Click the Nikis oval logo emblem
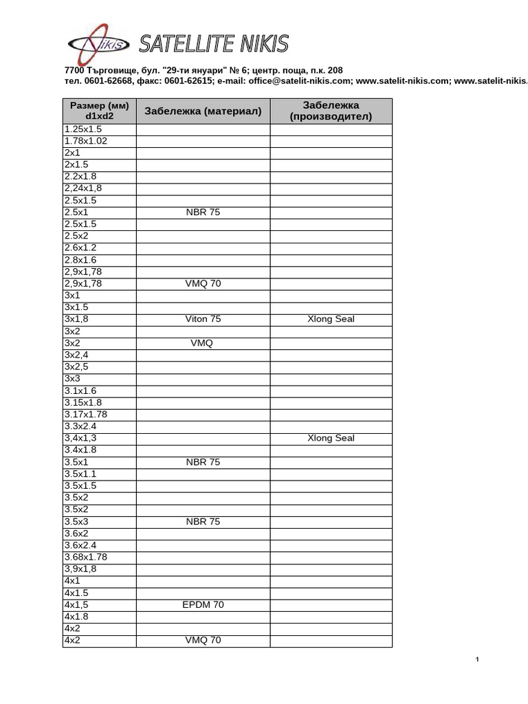coord(98,44)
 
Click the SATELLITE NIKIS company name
coord(214,44)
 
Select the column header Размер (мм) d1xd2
coord(99,111)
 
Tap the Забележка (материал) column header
coord(203,111)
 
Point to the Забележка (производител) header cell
coord(331,111)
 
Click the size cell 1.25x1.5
coord(82,129)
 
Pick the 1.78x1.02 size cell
coord(86,141)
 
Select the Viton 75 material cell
coord(203,319)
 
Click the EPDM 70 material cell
coord(203,605)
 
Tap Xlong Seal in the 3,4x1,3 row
coord(331,438)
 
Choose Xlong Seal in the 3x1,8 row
coord(331,319)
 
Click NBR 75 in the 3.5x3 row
coord(203,522)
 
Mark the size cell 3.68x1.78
coord(86,557)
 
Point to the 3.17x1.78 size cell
coord(86,415)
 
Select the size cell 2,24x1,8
coord(82,188)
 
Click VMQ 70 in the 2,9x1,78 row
coord(203,283)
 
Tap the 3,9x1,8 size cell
coord(80,569)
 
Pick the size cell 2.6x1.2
coord(80,247)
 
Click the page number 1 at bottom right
coord(477,660)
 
